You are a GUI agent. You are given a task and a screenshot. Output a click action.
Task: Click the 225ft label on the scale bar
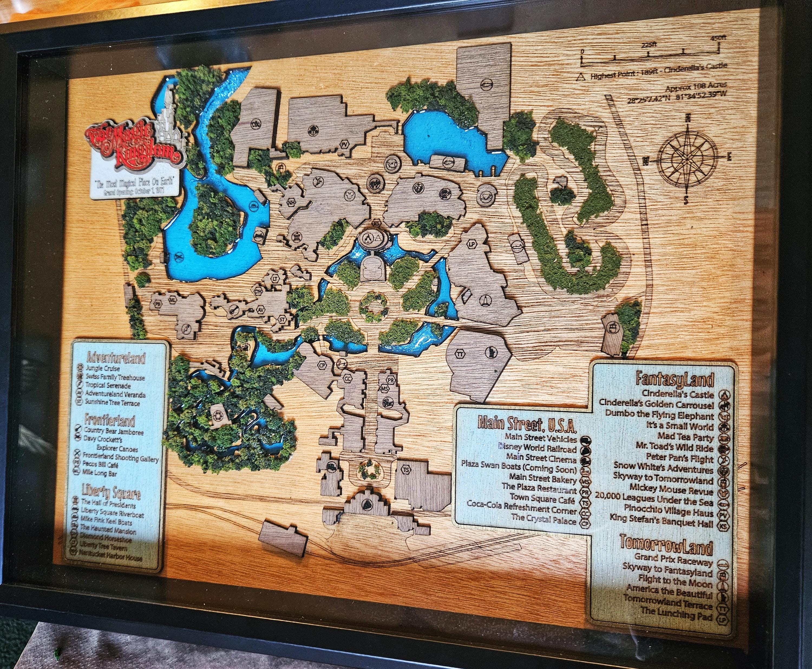649,45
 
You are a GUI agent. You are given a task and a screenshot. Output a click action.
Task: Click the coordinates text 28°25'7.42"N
651,99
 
